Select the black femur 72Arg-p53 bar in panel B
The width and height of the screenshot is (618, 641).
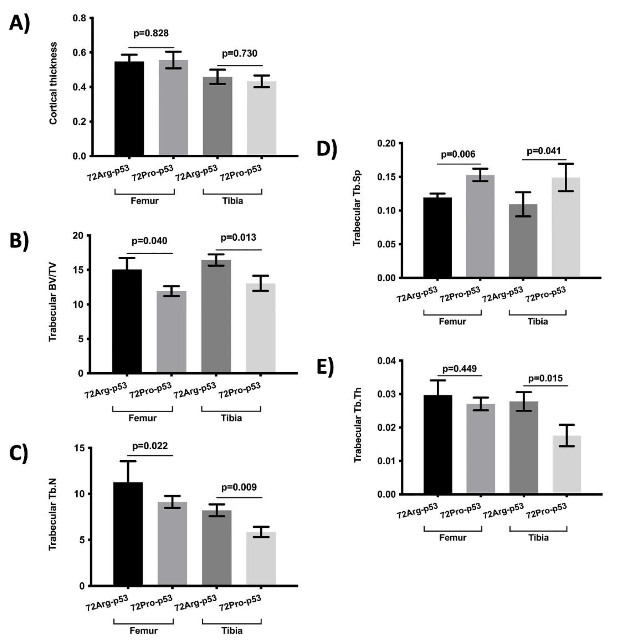click(x=127, y=321)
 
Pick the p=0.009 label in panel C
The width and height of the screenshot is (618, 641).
click(x=239, y=487)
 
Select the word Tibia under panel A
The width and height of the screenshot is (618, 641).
click(x=232, y=201)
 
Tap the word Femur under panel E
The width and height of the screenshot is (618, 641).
click(x=453, y=537)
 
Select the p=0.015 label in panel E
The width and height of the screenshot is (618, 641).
click(x=545, y=378)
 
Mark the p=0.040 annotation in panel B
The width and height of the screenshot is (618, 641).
click(x=150, y=241)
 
